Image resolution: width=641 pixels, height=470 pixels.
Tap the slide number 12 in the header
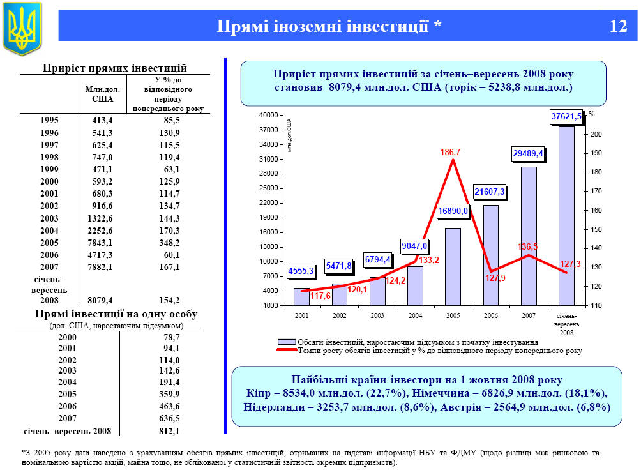pos(618,26)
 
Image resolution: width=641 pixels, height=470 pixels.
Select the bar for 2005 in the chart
pos(453,266)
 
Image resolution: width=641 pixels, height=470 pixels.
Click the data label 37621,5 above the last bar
pos(566,116)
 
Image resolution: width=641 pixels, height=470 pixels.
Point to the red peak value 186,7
pos(450,153)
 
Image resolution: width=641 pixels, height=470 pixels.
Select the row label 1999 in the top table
pos(49,169)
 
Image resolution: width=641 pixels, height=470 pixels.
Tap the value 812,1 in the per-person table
pos(169,431)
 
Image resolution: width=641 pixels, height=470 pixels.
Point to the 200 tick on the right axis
pos(596,134)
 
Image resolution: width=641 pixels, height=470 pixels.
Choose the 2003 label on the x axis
pos(377,315)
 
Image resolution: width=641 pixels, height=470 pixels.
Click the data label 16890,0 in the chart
pos(453,211)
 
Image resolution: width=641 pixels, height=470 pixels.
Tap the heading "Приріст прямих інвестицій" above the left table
pos(114,68)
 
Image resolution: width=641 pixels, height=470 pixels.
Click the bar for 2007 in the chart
pos(529,236)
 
